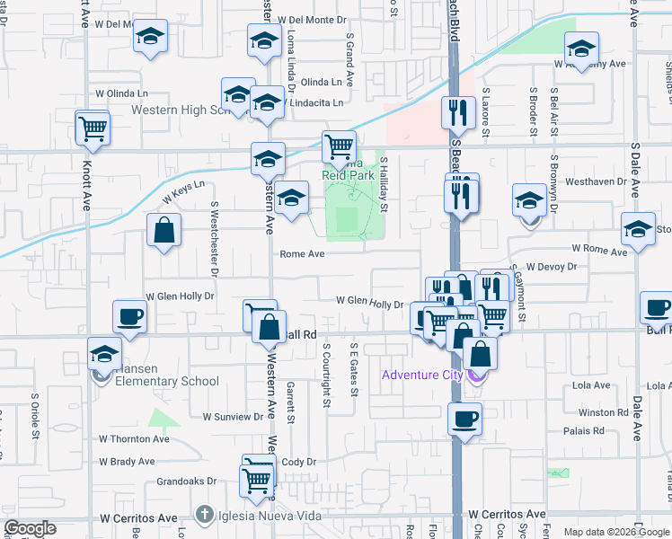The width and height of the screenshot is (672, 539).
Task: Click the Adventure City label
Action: click(x=420, y=375)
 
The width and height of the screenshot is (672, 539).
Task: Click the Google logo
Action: click(x=30, y=527)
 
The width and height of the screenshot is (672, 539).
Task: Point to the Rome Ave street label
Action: click(x=302, y=254)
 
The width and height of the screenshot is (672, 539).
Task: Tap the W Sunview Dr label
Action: click(x=233, y=417)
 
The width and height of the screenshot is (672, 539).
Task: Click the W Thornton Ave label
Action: click(x=134, y=439)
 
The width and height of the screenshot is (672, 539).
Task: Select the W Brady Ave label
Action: click(x=127, y=462)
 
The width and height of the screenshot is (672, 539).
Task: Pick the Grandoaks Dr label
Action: click(x=187, y=482)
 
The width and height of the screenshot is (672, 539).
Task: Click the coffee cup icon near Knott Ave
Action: click(x=129, y=317)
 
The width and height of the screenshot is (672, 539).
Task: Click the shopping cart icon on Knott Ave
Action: click(x=93, y=128)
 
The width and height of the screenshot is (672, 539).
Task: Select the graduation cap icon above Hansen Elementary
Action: click(x=105, y=355)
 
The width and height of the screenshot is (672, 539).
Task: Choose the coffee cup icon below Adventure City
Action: click(x=465, y=419)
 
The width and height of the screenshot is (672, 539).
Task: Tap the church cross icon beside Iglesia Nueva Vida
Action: click(x=206, y=517)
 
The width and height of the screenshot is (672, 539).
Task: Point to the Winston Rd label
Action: click(x=604, y=413)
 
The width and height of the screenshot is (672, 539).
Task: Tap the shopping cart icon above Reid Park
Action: click(x=340, y=146)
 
